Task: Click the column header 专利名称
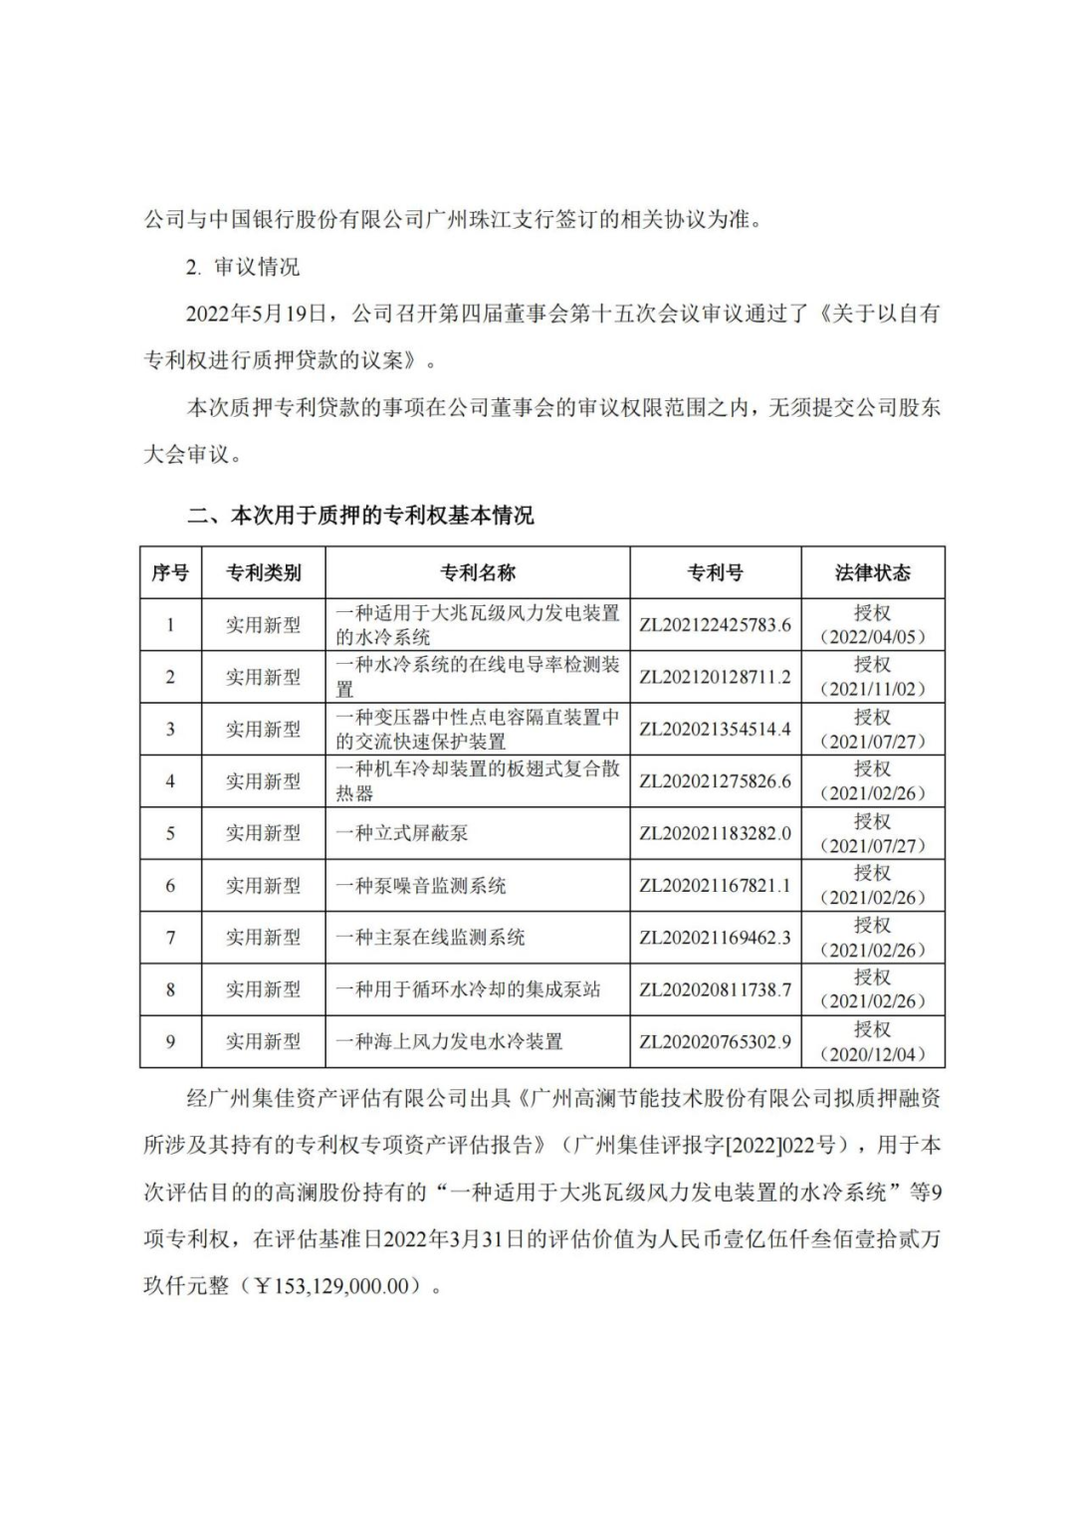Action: (478, 572)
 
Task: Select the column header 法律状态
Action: (872, 572)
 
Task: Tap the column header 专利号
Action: (715, 572)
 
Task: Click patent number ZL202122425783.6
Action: (715, 625)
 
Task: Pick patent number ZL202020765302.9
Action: (715, 1041)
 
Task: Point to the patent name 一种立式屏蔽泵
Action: (402, 833)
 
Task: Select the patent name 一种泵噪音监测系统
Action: (421, 885)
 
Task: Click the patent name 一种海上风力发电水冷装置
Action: (449, 1041)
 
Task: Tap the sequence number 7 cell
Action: (170, 938)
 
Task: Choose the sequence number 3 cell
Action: (170, 729)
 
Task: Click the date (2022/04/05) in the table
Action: (872, 637)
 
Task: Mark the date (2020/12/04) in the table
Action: (872, 1054)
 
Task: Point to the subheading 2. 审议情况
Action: (242, 267)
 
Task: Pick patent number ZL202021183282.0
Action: (715, 833)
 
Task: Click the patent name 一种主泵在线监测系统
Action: (430, 938)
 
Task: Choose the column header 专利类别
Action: (263, 572)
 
